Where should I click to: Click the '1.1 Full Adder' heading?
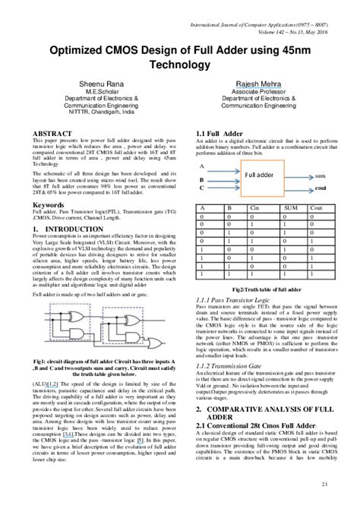(x=219, y=134)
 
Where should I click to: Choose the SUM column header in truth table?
(x=290, y=207)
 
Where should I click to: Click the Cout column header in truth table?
(x=317, y=207)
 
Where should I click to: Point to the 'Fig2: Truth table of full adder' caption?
(x=268, y=289)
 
